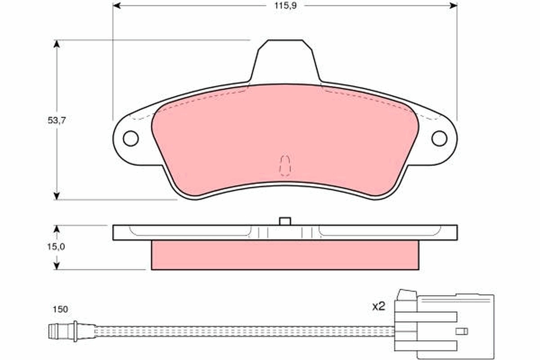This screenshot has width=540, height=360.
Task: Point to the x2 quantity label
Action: click(379, 306)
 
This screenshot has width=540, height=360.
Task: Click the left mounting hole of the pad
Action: click(130, 139)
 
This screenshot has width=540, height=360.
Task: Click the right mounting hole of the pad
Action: click(439, 139)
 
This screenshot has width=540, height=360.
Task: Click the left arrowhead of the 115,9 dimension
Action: click(117, 5)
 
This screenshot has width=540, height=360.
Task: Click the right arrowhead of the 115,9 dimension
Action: click(453, 5)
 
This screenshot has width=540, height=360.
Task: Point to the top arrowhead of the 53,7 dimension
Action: click(57, 44)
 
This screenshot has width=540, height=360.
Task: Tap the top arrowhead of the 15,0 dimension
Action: click(57, 229)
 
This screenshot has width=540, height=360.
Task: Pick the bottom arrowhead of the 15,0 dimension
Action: click(57, 266)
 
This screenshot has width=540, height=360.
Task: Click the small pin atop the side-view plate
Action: click(285, 221)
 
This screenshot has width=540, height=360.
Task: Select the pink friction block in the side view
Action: click(285, 255)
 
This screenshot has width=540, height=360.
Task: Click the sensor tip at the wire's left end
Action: click(54, 332)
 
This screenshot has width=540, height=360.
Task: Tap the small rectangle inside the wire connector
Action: click(462, 331)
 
